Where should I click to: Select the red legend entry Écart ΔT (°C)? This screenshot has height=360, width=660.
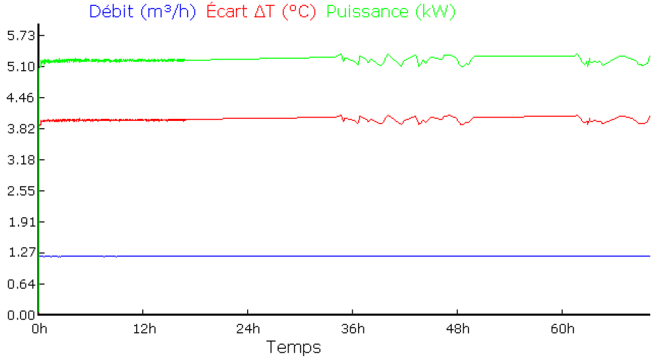[x=262, y=12]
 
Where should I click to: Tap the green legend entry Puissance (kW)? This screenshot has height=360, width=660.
[x=391, y=12]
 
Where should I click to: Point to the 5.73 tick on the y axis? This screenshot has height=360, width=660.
[x=18, y=35]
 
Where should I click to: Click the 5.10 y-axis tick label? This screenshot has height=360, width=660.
[x=18, y=67]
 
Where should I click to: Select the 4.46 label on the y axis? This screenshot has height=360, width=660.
[x=18, y=98]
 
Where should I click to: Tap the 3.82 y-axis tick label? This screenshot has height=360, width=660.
[x=18, y=129]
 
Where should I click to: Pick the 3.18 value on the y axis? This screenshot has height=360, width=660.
[x=18, y=160]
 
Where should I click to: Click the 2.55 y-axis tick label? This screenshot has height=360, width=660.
[x=18, y=191]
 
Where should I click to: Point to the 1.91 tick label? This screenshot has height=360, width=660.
[x=18, y=222]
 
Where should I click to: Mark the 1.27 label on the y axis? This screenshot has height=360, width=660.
[x=18, y=253]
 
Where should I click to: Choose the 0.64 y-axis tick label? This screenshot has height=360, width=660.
[x=18, y=284]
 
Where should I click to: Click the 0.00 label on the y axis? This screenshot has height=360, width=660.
[x=18, y=315]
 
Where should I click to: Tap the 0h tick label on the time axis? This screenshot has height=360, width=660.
[x=39, y=329]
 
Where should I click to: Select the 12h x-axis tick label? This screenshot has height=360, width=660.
[x=143, y=329]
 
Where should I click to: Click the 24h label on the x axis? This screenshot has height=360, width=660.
[x=248, y=329]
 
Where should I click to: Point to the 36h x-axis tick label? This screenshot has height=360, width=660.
[x=352, y=329]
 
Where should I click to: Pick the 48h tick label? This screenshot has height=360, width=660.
[x=457, y=329]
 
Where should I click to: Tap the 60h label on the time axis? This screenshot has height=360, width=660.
[x=562, y=329]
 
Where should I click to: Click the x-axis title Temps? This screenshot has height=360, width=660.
[x=293, y=347]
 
